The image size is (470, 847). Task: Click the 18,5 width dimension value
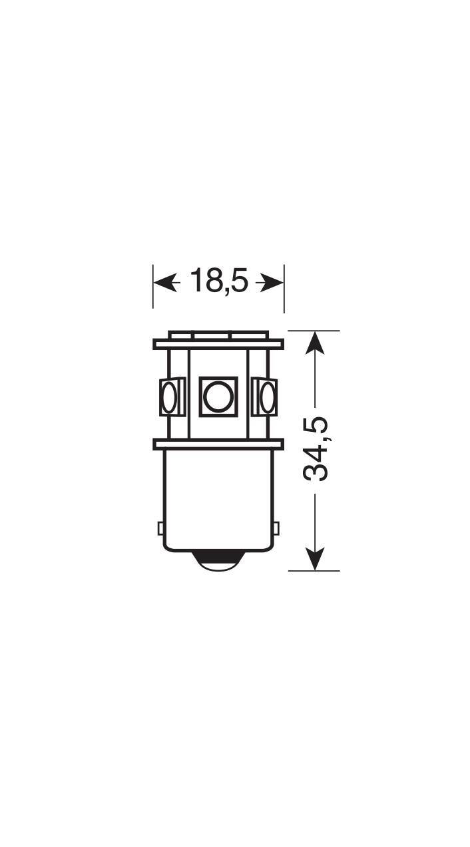[219, 281]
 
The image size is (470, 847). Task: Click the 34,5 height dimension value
[316, 449]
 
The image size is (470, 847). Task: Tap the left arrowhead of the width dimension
[165, 282]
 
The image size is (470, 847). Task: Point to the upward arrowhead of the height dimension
[315, 343]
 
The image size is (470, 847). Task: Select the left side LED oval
[169, 397]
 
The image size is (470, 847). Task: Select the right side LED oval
[268, 397]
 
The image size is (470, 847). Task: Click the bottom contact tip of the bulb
[218, 563]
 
